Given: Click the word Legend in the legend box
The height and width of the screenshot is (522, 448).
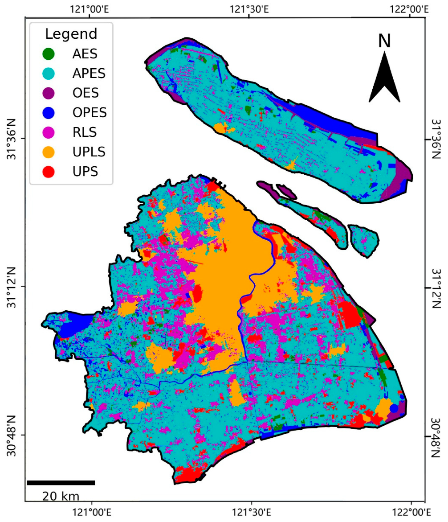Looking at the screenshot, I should point(71,34).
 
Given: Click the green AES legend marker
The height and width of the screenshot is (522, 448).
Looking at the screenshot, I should point(48,54).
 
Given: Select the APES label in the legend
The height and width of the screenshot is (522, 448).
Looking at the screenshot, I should point(89,74).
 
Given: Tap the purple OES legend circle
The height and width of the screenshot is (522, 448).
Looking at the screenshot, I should point(48,93).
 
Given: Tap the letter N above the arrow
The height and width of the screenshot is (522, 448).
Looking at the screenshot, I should point(384,41).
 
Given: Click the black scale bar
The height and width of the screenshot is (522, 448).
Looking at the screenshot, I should point(61,482).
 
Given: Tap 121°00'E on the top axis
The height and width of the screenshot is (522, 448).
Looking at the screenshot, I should point(91,8).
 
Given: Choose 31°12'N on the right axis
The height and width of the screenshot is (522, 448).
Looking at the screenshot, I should point(437,288).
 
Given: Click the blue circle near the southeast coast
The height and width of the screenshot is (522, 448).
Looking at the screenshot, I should point(394,408).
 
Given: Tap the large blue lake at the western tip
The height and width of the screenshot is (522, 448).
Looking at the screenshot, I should point(71,328).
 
